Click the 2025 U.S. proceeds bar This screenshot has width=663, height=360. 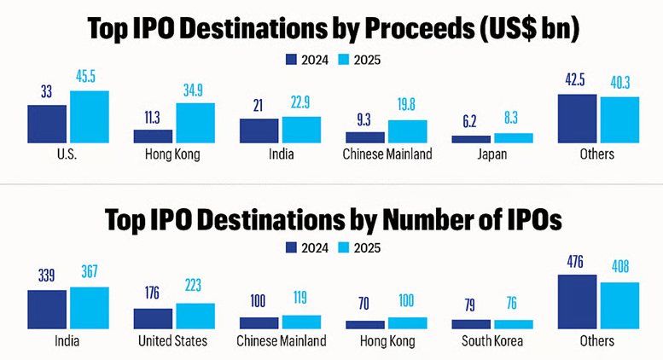[x=90, y=117]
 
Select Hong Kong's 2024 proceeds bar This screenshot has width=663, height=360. [x=153, y=136]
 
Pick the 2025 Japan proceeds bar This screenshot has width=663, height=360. [x=514, y=138]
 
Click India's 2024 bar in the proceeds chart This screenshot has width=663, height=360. [x=259, y=131]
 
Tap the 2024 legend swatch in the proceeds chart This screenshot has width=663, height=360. [x=291, y=60]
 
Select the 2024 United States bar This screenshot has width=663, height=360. [x=153, y=319]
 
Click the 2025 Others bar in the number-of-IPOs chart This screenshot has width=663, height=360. [x=619, y=305]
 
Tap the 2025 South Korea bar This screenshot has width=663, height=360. [x=514, y=325]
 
